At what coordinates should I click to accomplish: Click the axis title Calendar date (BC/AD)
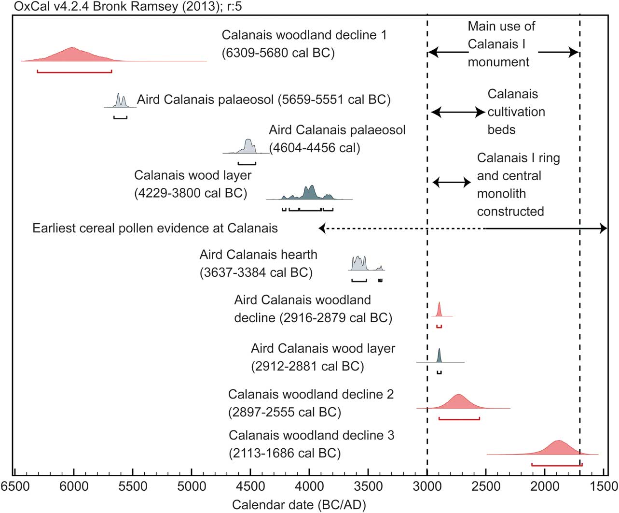(299, 505)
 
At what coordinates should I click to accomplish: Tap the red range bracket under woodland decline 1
(74, 71)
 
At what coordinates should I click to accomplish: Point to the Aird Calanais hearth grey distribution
(360, 264)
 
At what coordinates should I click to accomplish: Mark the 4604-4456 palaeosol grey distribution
(248, 146)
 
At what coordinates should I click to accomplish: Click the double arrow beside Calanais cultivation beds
(457, 113)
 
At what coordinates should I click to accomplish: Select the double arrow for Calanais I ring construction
(452, 182)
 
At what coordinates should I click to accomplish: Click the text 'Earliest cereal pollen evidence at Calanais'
(155, 228)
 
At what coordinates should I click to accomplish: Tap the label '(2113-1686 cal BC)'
(285, 454)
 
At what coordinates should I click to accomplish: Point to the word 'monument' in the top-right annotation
(498, 62)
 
